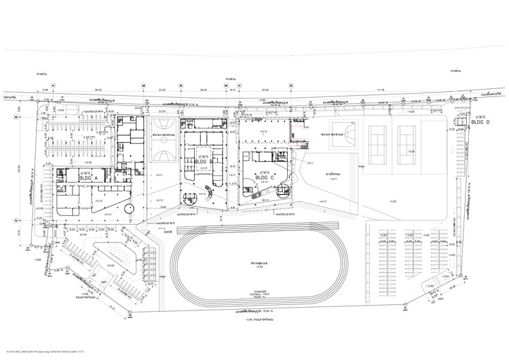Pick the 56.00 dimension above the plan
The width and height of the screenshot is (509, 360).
[98, 89]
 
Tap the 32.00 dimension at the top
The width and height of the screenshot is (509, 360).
[265, 89]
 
